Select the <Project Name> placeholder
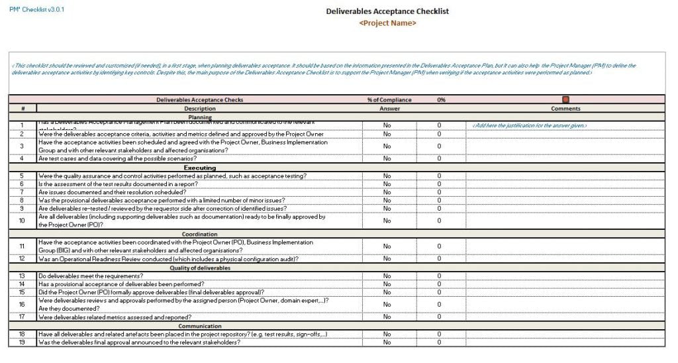pos(387,23)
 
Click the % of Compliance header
pos(389,100)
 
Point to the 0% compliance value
pos(441,100)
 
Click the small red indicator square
pos(565,100)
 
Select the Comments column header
pos(565,109)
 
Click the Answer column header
pos(389,109)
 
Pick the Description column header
pos(199,109)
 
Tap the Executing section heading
pos(199,168)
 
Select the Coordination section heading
pos(199,234)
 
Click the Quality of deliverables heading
pos(199,268)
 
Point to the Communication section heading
pos(199,326)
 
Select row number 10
pos(22,221)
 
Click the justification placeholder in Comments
pos(530,125)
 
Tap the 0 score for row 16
pos(439,304)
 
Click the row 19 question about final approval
pos(139,342)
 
